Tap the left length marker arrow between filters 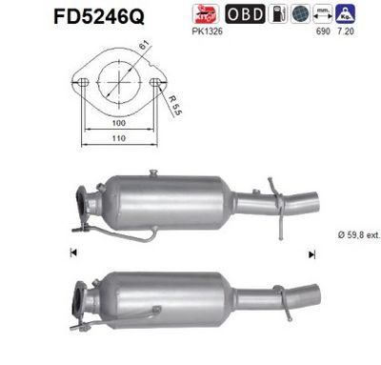[x=73, y=254]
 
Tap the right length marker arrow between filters [x=311, y=254]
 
